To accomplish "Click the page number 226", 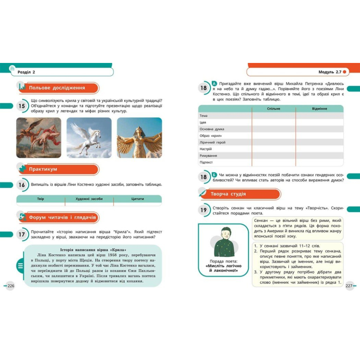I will [11, 286].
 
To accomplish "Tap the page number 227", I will [349, 286].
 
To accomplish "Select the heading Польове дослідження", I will [57, 88].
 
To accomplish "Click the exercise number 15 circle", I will [22, 106].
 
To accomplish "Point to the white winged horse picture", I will [89, 137].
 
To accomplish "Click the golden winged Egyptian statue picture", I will [139, 137].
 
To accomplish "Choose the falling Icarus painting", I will [39, 137].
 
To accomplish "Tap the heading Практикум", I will [43, 169].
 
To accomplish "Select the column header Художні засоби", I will [89, 199].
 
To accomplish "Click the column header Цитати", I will [138, 199].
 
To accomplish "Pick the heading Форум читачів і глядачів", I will [62, 218].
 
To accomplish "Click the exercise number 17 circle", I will [22, 234].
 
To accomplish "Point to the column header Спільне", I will [274, 109].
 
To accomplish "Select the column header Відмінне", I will [319, 109].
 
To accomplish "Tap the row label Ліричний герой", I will [212, 142].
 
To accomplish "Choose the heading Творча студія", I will [228, 194].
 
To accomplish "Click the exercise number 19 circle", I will [204, 210].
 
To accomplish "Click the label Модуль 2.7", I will [330, 72].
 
